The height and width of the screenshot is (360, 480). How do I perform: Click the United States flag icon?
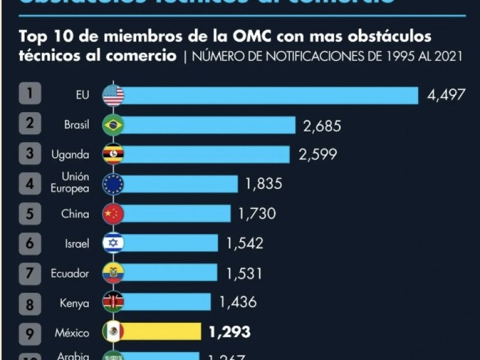113,95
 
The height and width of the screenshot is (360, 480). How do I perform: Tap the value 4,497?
446,95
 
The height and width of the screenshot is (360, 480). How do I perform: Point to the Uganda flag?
113,155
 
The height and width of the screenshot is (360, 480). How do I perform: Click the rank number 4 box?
30,184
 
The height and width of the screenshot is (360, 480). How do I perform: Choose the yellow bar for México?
162,332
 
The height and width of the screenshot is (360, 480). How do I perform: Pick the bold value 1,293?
229,332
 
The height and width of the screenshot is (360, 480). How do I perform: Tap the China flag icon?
113,214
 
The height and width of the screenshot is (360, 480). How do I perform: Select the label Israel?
77,244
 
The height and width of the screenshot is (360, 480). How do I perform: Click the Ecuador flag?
113,273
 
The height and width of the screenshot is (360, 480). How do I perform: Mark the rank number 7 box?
30,273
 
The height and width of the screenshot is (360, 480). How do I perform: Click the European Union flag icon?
113,184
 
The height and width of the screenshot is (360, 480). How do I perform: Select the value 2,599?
317,155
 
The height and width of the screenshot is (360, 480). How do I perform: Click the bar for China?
176,214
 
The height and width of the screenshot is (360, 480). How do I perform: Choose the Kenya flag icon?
113,302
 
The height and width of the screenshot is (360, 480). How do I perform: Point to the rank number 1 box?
30,95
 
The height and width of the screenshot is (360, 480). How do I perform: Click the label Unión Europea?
76,182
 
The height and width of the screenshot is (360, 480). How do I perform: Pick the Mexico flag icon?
113,332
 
